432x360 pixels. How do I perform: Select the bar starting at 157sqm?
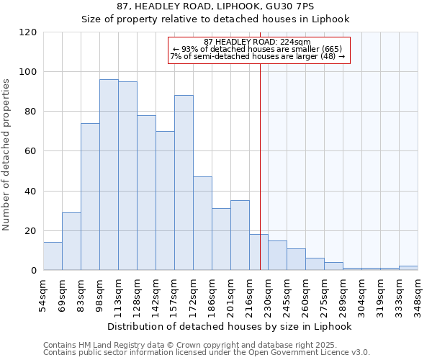(184, 183)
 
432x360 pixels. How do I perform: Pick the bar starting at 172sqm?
(202, 223)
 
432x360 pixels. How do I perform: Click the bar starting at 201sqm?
(240, 235)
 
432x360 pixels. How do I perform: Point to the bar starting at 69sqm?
(71, 241)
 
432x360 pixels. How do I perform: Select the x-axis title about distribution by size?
(230, 326)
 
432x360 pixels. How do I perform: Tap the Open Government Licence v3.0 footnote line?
(207, 352)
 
